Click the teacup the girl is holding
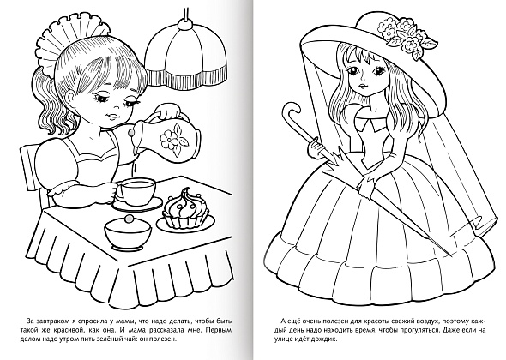pos(136,193)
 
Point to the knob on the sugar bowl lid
pos(130,219)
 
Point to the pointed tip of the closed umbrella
pos(450,256)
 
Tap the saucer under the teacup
pos(137,204)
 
